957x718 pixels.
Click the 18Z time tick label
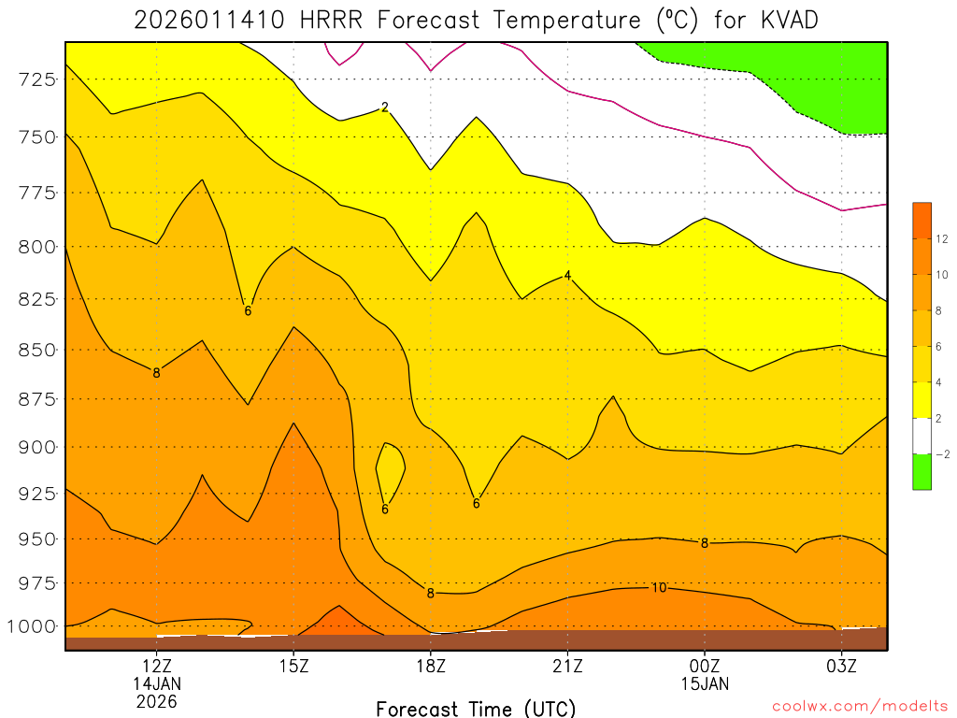pyautogui.click(x=430, y=667)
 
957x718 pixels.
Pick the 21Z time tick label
pyautogui.click(x=567, y=667)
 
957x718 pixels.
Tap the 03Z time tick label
pyautogui.click(x=841, y=667)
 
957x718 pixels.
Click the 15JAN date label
pyautogui.click(x=704, y=683)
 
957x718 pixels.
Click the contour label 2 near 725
pyautogui.click(x=385, y=108)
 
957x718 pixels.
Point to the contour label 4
pyautogui.click(x=567, y=276)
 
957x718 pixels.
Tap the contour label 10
pyautogui.click(x=659, y=588)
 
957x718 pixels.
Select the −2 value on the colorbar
pyautogui.click(x=940, y=454)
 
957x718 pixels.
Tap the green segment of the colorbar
pyautogui.click(x=921, y=471)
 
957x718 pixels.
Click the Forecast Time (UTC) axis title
pyautogui.click(x=476, y=708)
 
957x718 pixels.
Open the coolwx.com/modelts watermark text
pyautogui.click(x=860, y=707)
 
